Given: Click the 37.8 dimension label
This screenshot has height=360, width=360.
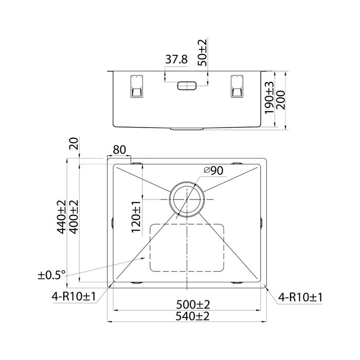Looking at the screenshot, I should click(x=176, y=60).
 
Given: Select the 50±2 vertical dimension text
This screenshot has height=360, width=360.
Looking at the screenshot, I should click(x=203, y=51).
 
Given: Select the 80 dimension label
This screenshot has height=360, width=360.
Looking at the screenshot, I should click(x=119, y=150).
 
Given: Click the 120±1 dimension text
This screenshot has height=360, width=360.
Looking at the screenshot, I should click(x=135, y=218).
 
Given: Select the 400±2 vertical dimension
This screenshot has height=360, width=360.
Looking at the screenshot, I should click(x=74, y=218).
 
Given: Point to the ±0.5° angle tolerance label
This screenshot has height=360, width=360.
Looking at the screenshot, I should click(x=52, y=275).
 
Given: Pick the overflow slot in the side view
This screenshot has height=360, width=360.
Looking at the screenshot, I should click(x=186, y=86).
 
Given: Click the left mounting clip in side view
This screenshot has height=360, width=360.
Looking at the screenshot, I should click(x=136, y=86).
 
